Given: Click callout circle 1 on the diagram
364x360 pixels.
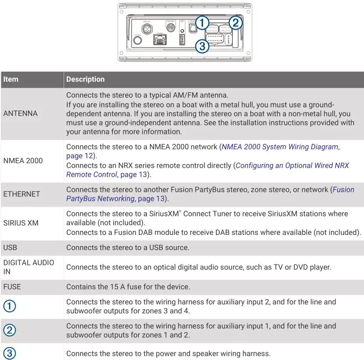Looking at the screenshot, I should (x=203, y=22).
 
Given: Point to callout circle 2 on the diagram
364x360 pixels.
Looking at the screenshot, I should (x=236, y=22).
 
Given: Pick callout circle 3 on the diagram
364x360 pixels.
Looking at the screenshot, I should (x=202, y=46).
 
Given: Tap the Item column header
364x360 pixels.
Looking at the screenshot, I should (x=11, y=79).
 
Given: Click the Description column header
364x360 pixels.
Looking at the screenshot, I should (x=85, y=79).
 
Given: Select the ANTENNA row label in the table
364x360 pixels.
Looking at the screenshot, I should (x=20, y=113).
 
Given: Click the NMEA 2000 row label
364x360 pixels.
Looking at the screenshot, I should (x=23, y=160).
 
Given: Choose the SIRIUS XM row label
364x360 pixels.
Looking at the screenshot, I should (x=21, y=223).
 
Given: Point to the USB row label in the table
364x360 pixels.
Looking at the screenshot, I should (x=10, y=248).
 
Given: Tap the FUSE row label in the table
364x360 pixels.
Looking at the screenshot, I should (x=12, y=287).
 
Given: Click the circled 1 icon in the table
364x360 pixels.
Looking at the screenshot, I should (x=9, y=307).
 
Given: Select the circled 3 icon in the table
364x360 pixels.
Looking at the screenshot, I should (x=9, y=353).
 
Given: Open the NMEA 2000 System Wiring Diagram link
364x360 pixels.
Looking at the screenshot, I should (x=280, y=147).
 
